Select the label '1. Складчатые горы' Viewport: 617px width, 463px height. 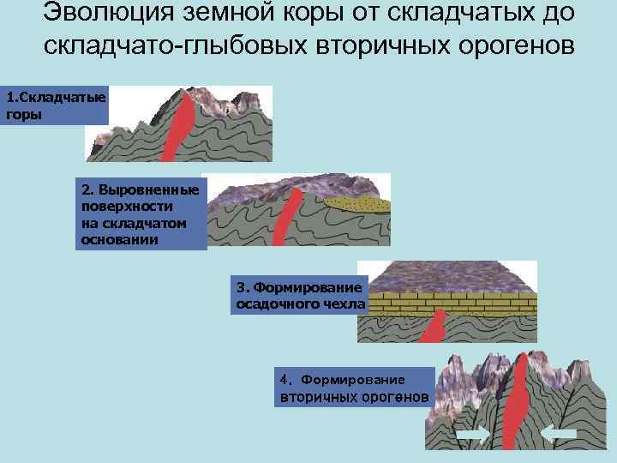[x=54, y=105]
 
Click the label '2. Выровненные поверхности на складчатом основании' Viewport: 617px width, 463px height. [x=140, y=214]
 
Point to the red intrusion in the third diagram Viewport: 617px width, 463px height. [x=434, y=326]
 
